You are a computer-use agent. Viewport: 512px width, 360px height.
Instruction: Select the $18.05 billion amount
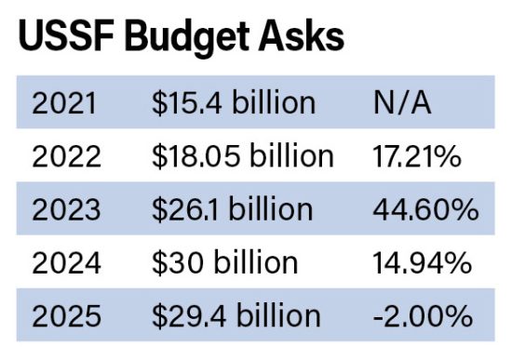pos(241,156)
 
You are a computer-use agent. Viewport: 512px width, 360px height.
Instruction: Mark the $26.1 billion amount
pos(233,210)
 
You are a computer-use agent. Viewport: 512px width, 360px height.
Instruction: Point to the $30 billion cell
pos(223,263)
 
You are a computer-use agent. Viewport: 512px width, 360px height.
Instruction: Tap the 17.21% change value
pos(414,156)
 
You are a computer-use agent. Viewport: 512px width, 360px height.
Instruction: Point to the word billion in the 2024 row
pos(253,263)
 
